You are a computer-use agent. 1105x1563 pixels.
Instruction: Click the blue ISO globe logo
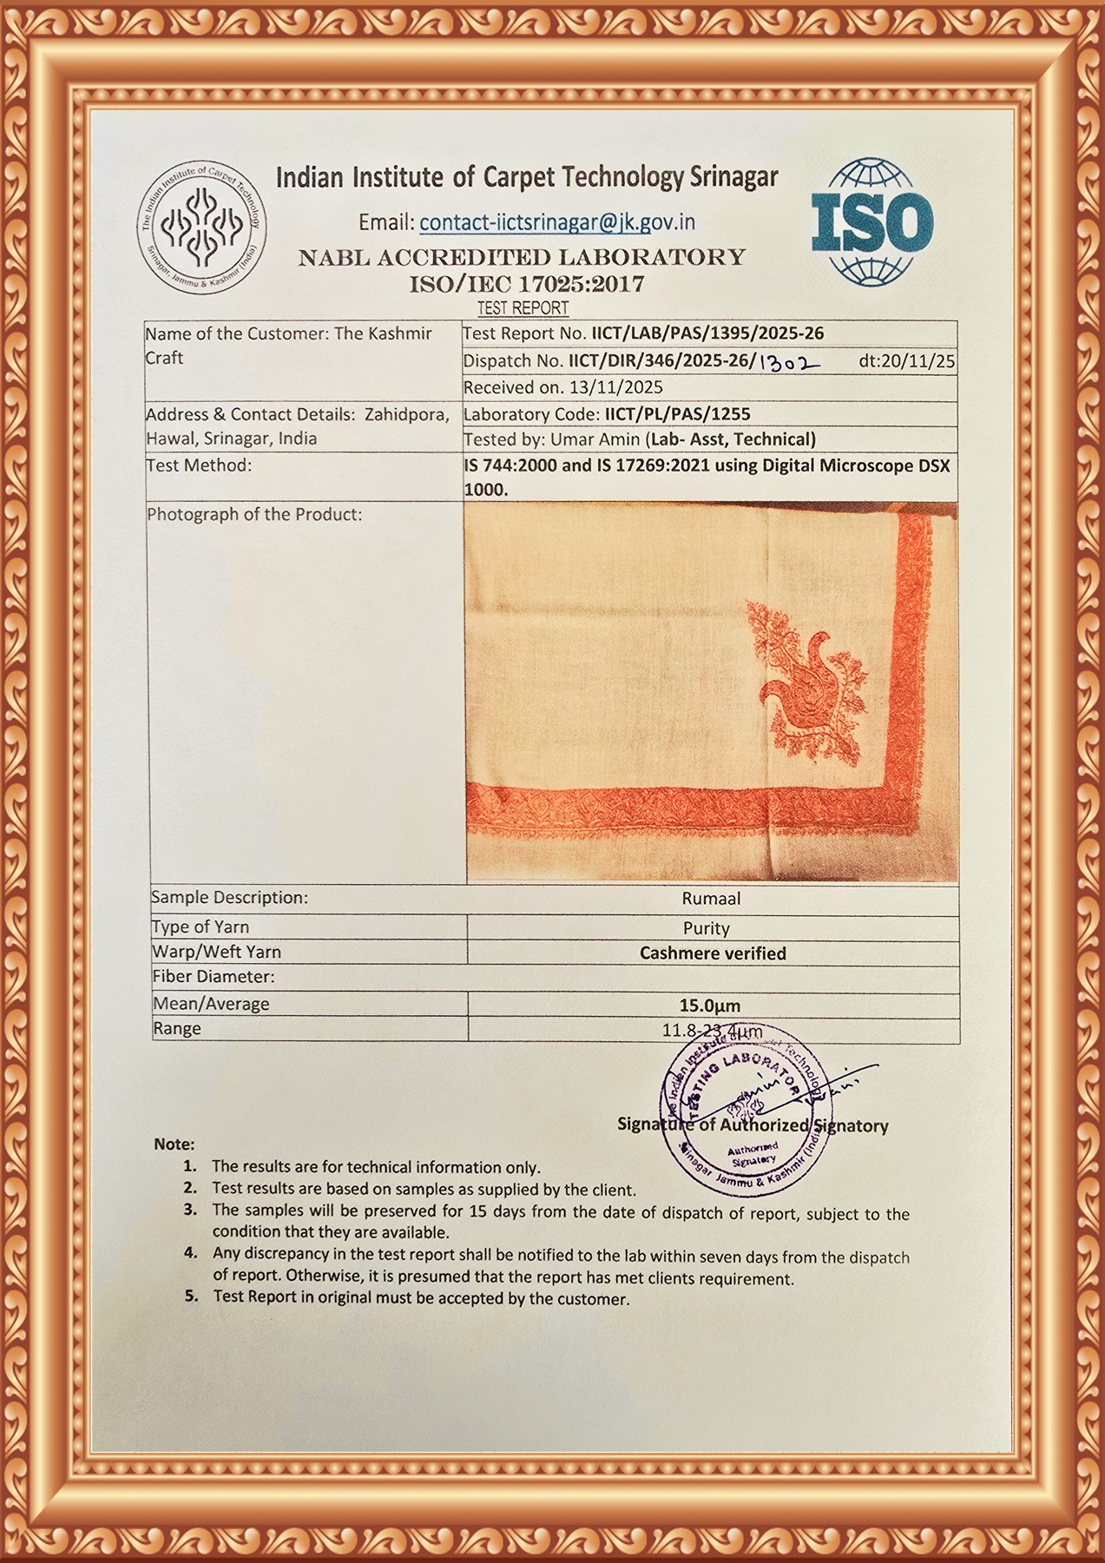tap(872, 221)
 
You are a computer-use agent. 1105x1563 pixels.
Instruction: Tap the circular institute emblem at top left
tap(202, 228)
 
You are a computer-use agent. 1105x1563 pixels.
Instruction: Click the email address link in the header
tap(557, 222)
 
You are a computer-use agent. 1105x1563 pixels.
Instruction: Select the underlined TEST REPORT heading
tap(523, 308)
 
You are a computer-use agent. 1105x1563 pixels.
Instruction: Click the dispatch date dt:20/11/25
tap(906, 361)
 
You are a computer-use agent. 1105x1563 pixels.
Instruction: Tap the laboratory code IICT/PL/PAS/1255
tap(677, 414)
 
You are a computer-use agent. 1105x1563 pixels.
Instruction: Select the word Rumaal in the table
tap(711, 899)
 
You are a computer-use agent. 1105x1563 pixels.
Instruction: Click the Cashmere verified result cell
tap(713, 953)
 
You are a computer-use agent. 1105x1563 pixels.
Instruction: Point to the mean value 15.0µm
tap(710, 1006)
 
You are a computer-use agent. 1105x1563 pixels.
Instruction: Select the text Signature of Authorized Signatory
tap(753, 1125)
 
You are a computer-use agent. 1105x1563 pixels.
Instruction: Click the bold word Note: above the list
tap(174, 1144)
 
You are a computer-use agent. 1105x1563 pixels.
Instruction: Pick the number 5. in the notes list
tap(191, 1296)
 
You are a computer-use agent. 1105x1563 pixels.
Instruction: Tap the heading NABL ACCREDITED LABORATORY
tap(522, 258)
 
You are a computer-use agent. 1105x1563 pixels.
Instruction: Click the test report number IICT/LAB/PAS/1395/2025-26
tap(707, 333)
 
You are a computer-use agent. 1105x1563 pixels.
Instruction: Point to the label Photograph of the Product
tap(254, 514)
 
